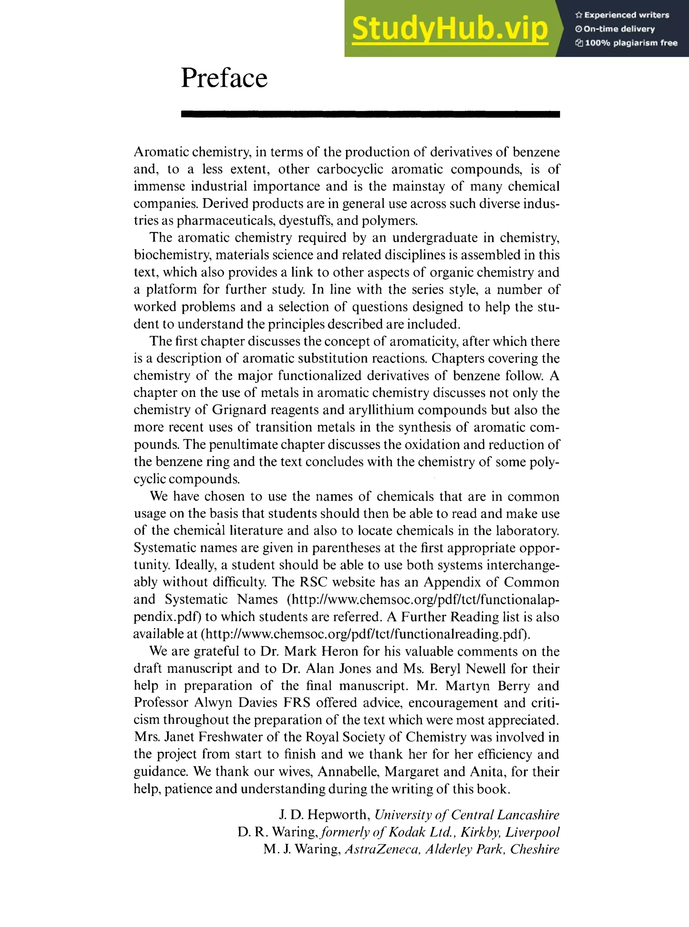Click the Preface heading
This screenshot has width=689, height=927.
click(x=224, y=78)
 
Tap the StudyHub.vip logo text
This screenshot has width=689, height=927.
click(x=449, y=28)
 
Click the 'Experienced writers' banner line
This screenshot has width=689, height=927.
click(x=622, y=15)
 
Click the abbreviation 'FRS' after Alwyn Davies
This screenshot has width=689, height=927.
click(x=296, y=703)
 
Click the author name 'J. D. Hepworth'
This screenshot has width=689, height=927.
click(x=324, y=814)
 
